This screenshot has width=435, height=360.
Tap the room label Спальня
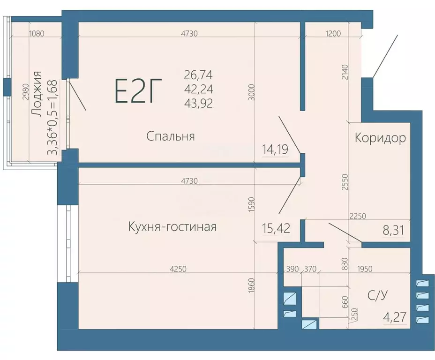tap(170, 136)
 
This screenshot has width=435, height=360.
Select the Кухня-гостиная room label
tap(172, 227)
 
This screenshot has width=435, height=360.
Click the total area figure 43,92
tap(198, 104)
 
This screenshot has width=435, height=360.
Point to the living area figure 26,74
tap(198, 75)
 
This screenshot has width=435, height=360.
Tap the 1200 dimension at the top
tap(331, 33)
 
